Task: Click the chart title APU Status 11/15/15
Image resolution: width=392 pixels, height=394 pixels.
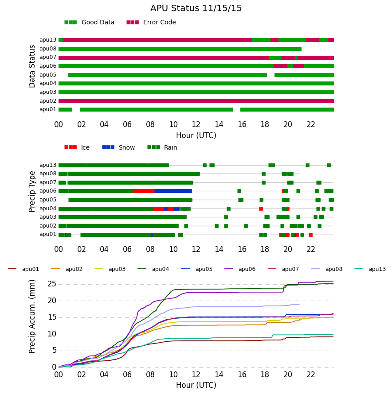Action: pos(196,8)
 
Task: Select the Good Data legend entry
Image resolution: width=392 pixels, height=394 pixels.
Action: pos(90,23)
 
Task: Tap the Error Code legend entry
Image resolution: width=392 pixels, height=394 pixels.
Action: pos(151,23)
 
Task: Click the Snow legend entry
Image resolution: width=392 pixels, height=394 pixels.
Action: pos(118,147)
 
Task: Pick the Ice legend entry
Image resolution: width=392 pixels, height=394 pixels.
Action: pos(77,147)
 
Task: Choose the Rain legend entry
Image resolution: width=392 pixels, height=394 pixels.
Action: pos(162,147)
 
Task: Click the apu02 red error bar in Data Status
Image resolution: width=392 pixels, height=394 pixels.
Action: pos(196,101)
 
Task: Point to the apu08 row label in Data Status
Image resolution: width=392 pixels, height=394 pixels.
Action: pos(48,49)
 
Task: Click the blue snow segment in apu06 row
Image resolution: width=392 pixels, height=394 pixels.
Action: pos(173,191)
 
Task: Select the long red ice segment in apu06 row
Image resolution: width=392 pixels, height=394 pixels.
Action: pos(144,191)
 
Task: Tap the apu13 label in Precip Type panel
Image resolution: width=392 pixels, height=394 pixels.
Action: pos(48,165)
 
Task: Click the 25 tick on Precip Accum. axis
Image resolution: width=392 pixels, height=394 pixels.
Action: pos(51,284)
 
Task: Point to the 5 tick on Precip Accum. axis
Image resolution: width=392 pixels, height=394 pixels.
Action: pos(54,351)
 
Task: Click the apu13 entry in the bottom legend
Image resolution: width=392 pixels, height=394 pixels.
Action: pos(370,269)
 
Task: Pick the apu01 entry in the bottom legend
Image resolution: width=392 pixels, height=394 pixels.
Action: pos(24,269)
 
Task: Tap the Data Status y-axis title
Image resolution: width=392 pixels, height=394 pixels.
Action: pos(32,66)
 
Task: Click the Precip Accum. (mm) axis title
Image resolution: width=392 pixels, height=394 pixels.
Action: pos(32,317)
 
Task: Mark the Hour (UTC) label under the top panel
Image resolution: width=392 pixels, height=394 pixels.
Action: pos(196,135)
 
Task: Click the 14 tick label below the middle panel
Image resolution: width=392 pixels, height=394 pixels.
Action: pos(219,249)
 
